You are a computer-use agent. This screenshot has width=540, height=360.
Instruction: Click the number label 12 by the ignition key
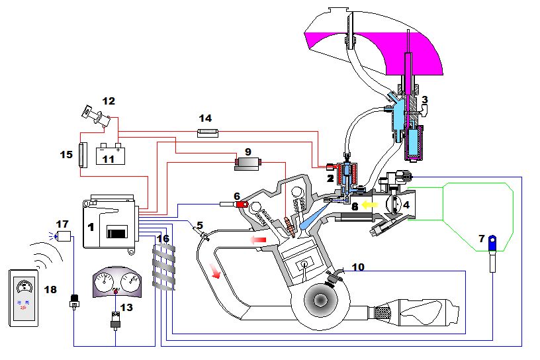tap(109, 101)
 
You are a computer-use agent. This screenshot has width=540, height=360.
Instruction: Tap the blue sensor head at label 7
tap(493, 245)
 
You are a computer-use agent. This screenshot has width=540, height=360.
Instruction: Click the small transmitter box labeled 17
tap(64, 236)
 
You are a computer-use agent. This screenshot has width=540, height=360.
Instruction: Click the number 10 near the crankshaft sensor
tap(357, 267)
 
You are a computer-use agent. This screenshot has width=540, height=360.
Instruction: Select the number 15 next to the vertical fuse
tap(66, 155)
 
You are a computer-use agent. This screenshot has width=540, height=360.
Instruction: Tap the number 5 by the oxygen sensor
tap(200, 224)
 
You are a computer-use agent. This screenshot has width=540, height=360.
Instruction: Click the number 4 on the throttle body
tap(406, 205)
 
